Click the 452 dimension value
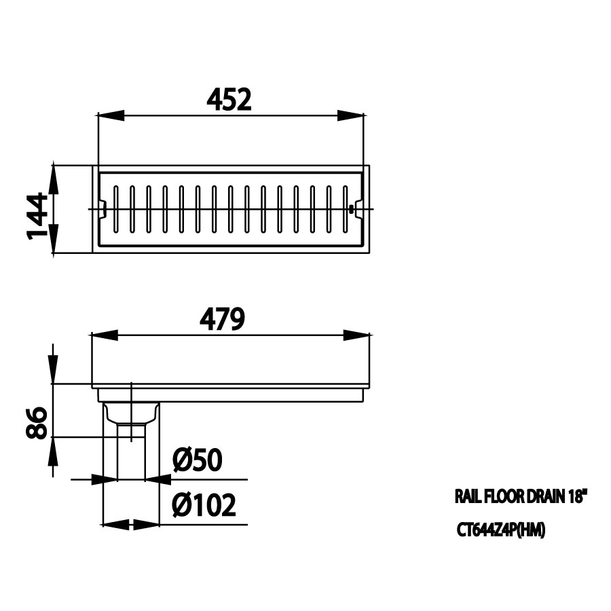(229, 100)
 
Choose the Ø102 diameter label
(204, 505)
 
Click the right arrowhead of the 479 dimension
(356, 335)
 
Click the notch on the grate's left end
(102, 209)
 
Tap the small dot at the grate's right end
(351, 209)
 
